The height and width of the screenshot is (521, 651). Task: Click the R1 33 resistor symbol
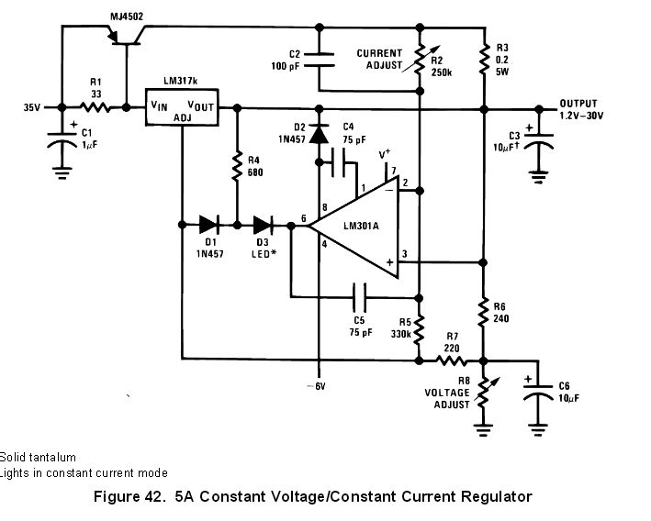94,107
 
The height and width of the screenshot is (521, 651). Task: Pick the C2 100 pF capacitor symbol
319,59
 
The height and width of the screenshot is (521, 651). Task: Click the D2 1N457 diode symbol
319,134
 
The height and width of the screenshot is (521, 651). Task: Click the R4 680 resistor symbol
237,166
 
